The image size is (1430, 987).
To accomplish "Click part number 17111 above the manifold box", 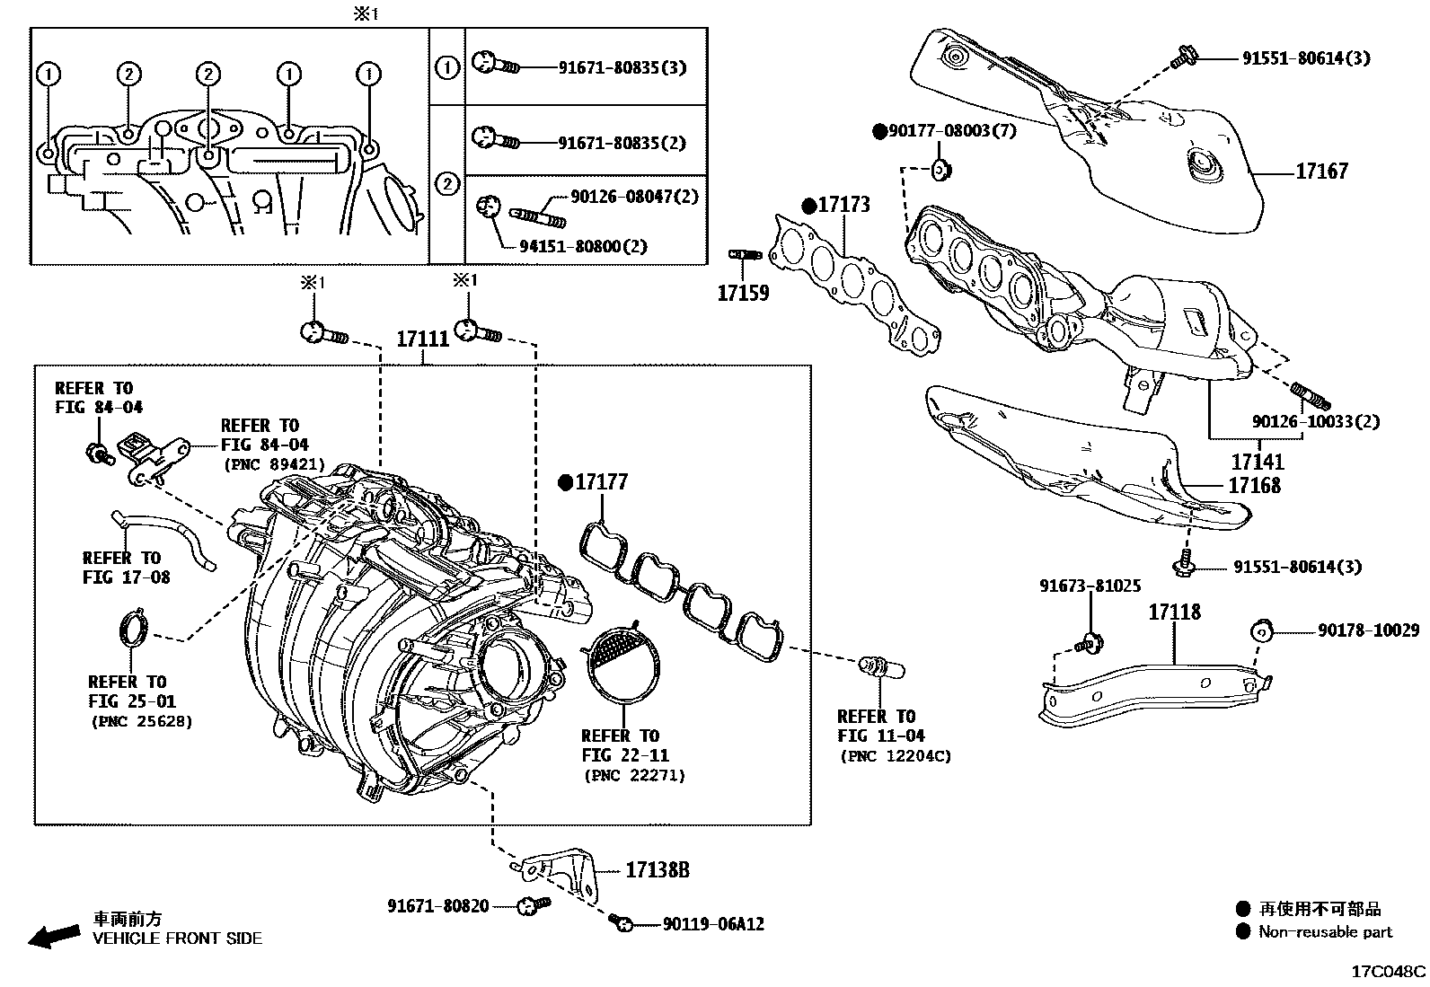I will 423,339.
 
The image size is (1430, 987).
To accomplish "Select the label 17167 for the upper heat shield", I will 1321,171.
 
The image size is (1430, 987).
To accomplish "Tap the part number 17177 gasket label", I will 601,482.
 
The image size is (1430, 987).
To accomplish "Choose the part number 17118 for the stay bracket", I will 1174,612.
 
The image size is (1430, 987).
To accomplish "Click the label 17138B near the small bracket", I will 658,869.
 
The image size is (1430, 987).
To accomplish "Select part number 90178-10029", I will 1368,631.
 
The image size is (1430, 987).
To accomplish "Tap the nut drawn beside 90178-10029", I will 1261,631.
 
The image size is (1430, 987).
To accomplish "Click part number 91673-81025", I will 1090,586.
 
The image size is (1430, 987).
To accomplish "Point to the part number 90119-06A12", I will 713,923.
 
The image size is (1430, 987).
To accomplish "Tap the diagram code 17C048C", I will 1389,972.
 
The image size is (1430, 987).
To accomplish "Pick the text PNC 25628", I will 141,721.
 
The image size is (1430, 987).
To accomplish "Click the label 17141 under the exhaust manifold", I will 1257,462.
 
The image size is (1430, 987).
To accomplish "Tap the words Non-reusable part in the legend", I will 1325,932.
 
